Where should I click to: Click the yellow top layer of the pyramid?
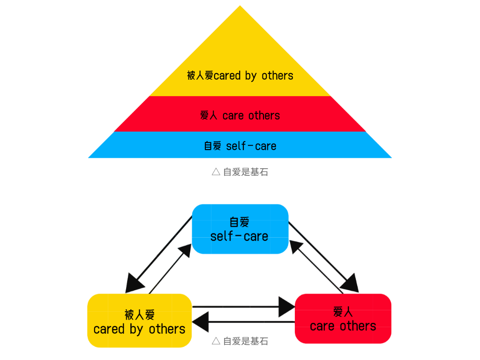pyautogui.click(x=240, y=52)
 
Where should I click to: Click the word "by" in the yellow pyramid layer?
pyautogui.click(x=251, y=76)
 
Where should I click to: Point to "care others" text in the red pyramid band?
pyautogui.click(x=251, y=115)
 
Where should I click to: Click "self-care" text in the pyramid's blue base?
pyautogui.click(x=251, y=146)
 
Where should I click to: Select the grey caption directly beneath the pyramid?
pyautogui.click(x=240, y=172)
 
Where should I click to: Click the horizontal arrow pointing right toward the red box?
pyautogui.click(x=244, y=307)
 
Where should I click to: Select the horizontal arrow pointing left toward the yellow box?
pyautogui.click(x=244, y=322)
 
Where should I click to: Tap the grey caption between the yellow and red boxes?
pyautogui.click(x=240, y=341)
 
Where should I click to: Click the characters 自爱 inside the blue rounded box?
pyautogui.click(x=240, y=222)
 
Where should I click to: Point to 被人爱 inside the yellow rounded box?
pyautogui.click(x=139, y=315)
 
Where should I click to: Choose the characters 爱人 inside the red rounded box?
pyautogui.click(x=343, y=311)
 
